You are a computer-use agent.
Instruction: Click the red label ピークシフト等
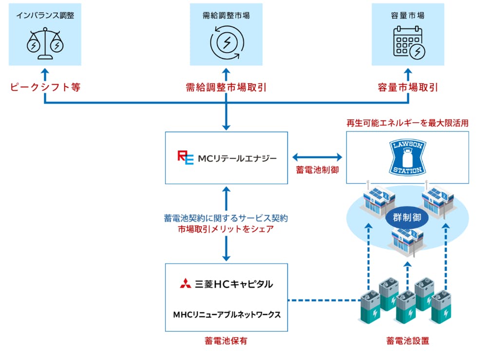point(45,88)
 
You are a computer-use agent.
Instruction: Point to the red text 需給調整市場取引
point(226,88)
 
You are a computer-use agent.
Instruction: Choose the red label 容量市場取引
point(408,88)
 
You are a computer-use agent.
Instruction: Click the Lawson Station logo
point(407,157)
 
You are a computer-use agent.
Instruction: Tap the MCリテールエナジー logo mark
point(185,158)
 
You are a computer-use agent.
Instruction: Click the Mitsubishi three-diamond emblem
point(185,284)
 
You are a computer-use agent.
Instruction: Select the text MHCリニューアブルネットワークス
point(226,315)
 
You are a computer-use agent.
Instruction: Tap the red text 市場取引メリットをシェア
point(226,229)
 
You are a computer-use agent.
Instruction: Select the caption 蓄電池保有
point(226,341)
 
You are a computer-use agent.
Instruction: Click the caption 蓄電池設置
point(407,341)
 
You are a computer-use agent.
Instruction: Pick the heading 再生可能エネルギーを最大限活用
point(407,123)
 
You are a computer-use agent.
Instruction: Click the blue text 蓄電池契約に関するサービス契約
point(226,218)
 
